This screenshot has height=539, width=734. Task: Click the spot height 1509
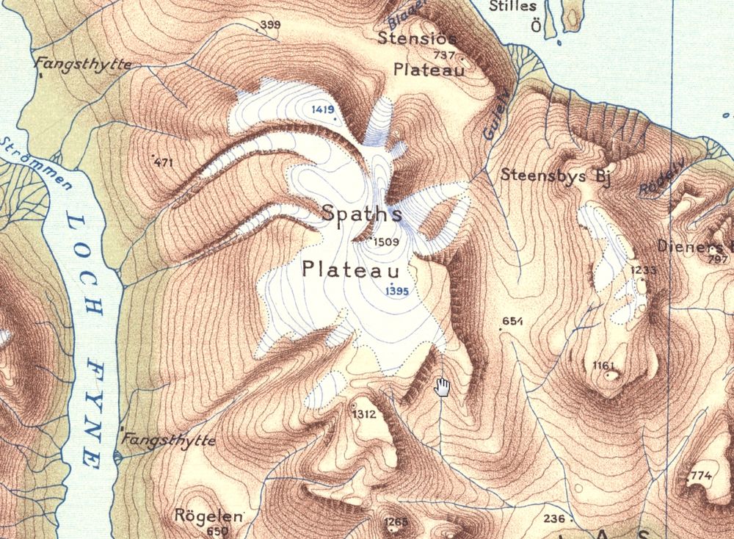click(385, 242)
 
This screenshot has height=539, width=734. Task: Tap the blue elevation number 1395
click(396, 291)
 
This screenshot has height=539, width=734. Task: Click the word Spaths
click(362, 214)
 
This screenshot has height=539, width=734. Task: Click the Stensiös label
click(417, 37)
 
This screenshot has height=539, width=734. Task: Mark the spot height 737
click(444, 56)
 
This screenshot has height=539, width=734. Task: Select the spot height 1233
click(642, 270)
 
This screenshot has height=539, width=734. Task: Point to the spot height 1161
click(603, 365)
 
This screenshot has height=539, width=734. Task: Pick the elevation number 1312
click(364, 414)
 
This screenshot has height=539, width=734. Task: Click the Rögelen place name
click(208, 516)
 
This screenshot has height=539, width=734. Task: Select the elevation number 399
click(270, 26)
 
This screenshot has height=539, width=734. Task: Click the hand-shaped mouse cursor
click(442, 387)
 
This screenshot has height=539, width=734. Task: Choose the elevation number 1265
click(395, 522)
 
